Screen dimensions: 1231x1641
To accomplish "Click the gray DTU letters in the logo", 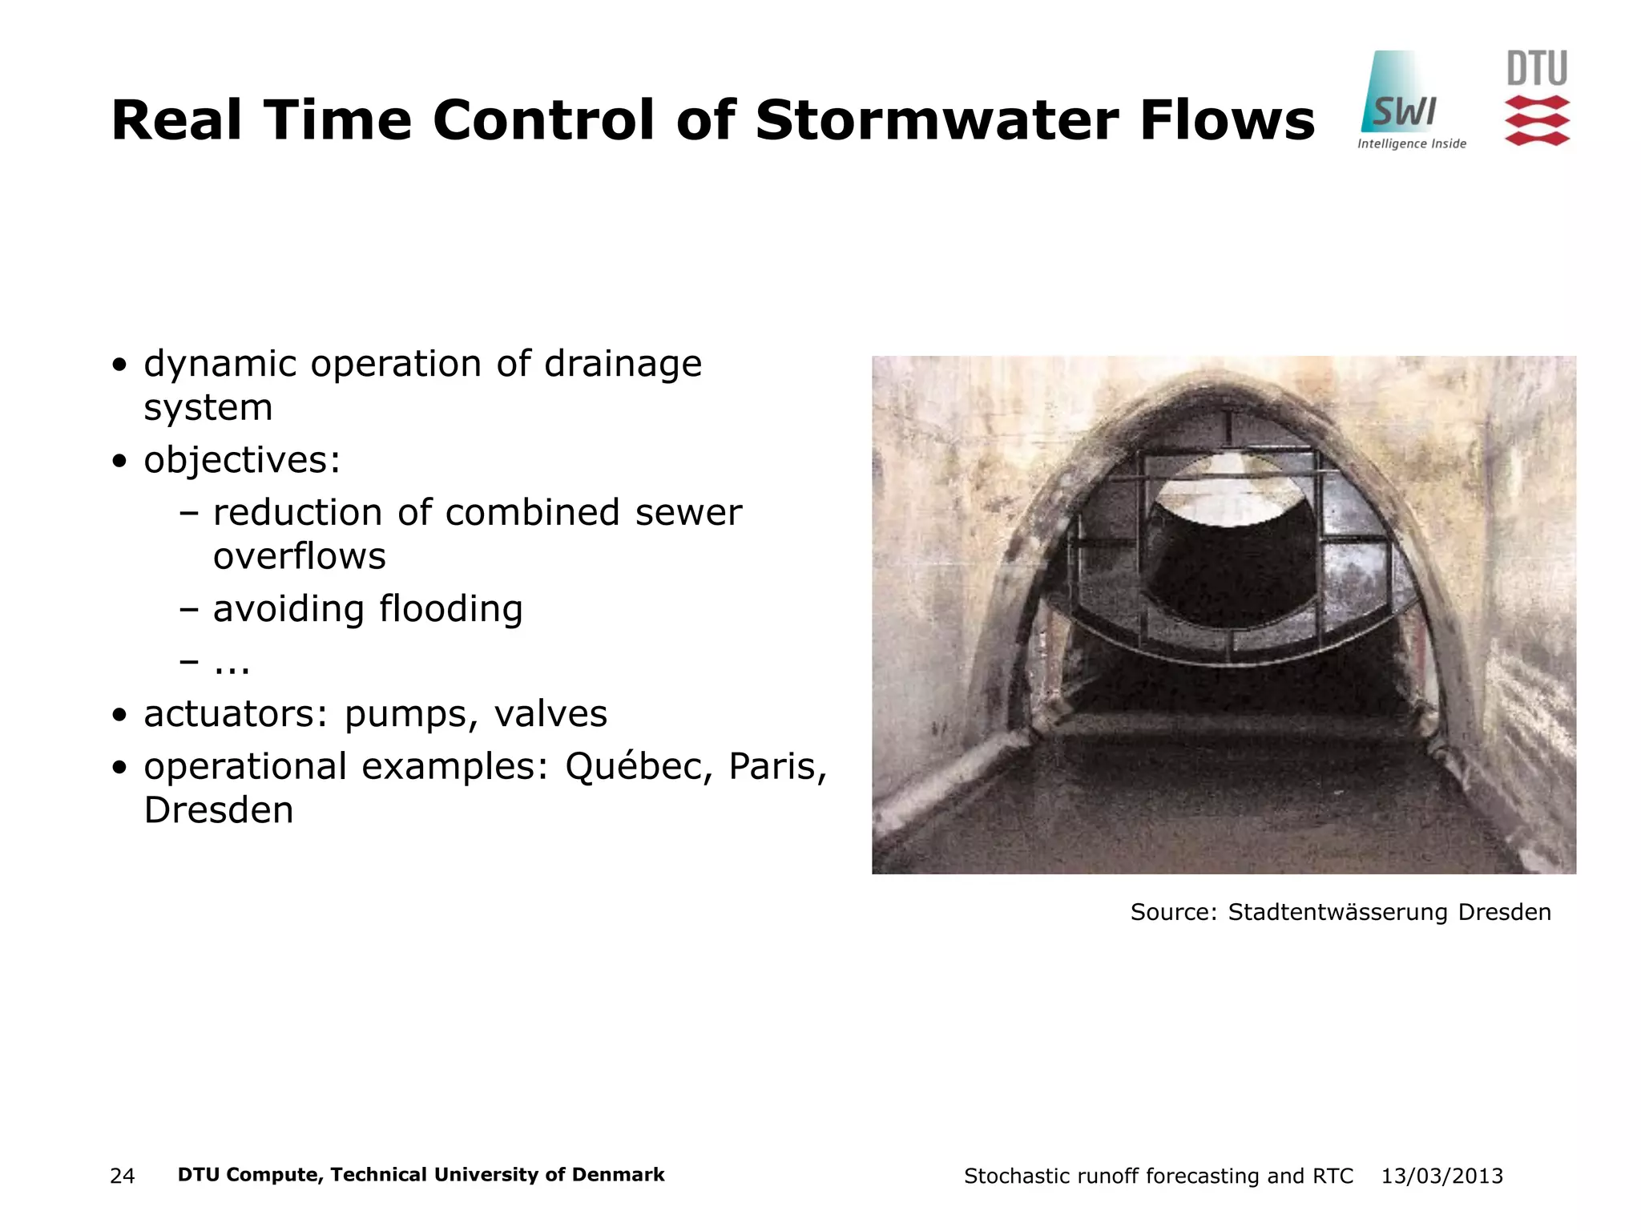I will pos(1537,69).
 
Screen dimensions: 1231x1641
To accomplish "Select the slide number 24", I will pos(122,1176).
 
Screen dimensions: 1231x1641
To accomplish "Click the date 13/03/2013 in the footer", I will pos(1441,1176).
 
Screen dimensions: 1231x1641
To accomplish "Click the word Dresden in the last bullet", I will pos(219,810).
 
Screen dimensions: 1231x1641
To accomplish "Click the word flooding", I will pos(450,609).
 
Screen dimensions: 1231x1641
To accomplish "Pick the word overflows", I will pos(299,556).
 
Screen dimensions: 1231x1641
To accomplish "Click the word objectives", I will pos(241,461).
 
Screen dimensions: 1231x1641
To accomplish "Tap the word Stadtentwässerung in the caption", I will pos(1337,912).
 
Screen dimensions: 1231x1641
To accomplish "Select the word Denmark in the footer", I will pos(618,1175).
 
